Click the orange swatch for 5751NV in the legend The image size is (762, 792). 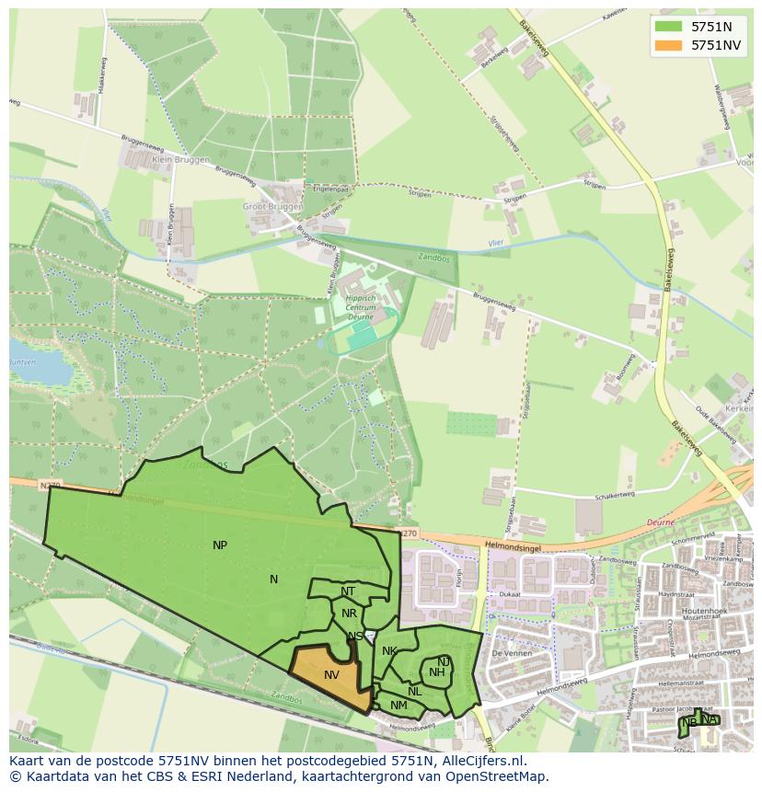[669, 45]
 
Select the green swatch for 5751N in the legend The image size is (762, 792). [669, 27]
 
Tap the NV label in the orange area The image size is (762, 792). [332, 675]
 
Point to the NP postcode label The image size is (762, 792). [220, 545]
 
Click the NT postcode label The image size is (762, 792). [348, 591]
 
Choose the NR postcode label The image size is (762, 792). [349, 614]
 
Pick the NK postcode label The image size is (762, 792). [389, 651]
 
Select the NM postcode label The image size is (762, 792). [398, 706]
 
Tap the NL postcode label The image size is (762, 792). [415, 692]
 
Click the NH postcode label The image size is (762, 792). [437, 672]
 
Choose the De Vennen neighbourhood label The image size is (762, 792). [507, 653]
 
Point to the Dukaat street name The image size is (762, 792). [512, 594]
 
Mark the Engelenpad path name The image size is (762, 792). [331, 189]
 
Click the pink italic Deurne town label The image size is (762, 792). [661, 522]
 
